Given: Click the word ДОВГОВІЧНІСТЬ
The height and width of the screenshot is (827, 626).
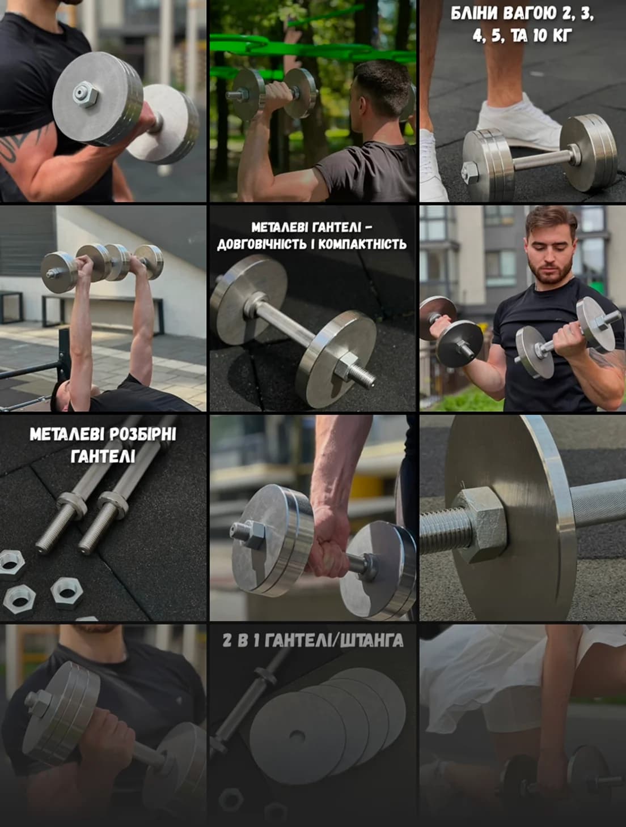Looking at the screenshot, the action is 265,245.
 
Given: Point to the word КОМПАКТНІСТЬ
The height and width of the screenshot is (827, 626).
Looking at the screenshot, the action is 362,245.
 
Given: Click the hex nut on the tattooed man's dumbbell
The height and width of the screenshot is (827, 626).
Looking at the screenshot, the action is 85,95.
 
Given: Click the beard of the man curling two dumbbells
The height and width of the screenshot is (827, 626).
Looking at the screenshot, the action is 551,270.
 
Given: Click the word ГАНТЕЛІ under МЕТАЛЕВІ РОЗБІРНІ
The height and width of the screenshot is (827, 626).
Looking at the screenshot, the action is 103,456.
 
